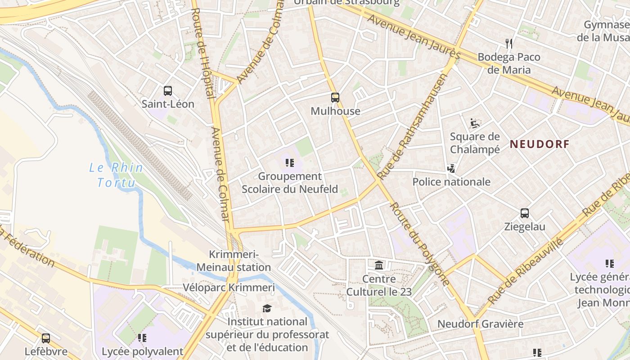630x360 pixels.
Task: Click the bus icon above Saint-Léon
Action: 168,91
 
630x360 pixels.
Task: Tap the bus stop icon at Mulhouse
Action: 335,98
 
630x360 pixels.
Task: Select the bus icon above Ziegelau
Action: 525,213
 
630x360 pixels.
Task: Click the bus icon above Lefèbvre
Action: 46,338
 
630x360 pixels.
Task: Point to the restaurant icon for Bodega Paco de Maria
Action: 509,44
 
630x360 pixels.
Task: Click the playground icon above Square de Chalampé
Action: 475,122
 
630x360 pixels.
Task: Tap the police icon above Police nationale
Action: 451,169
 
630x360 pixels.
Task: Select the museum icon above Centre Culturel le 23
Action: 379,265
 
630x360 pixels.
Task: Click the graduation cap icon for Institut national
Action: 267,308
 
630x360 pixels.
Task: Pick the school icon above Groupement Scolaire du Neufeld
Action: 290,163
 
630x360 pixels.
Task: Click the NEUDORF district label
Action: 540,144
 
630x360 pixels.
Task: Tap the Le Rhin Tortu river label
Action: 116,175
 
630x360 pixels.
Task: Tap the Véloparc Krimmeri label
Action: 229,288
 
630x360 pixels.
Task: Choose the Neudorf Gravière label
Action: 480,324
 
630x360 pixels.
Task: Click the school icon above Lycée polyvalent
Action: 142,338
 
